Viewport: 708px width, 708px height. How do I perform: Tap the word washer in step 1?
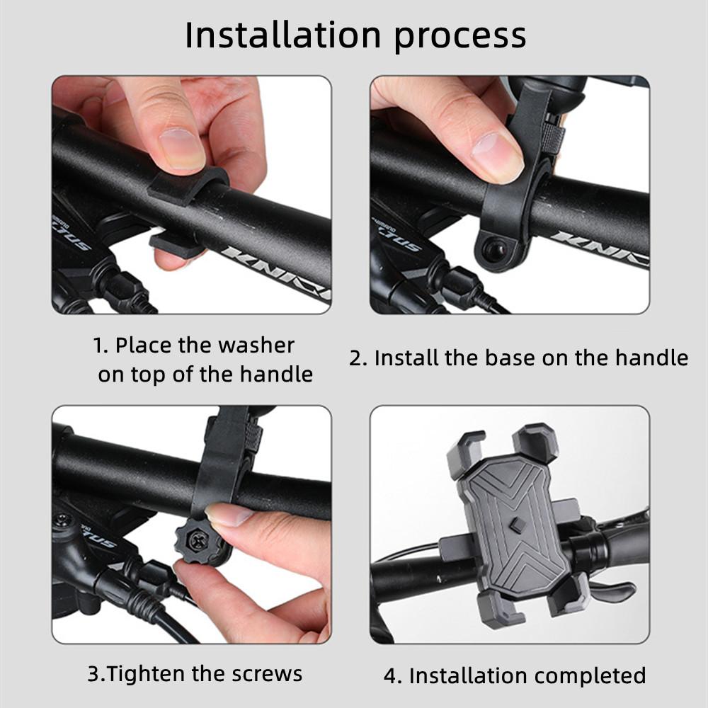(x=256, y=346)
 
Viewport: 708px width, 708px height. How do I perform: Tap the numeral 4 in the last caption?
(x=391, y=675)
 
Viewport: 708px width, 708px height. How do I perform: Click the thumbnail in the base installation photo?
(x=495, y=152)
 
